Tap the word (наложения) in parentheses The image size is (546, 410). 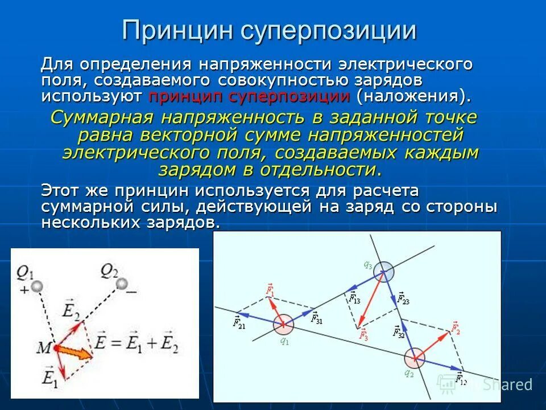pyautogui.click(x=413, y=95)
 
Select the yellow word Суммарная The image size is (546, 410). pyautogui.click(x=102, y=118)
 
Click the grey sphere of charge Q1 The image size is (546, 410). pyautogui.click(x=36, y=285)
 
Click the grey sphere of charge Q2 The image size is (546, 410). pyautogui.click(x=121, y=283)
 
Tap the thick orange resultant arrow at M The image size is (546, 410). pyautogui.click(x=75, y=351)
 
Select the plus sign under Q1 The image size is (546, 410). pyautogui.click(x=24, y=289)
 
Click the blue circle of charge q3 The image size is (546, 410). pyautogui.click(x=383, y=272)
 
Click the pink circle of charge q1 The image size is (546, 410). pyautogui.click(x=283, y=325)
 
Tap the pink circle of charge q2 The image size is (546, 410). pyautogui.click(x=415, y=358)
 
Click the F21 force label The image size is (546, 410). pyautogui.click(x=239, y=323)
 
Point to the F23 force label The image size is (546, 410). pyautogui.click(x=402, y=297)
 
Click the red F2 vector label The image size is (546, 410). pyautogui.click(x=454, y=327)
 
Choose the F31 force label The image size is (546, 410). pyautogui.click(x=316, y=318)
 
